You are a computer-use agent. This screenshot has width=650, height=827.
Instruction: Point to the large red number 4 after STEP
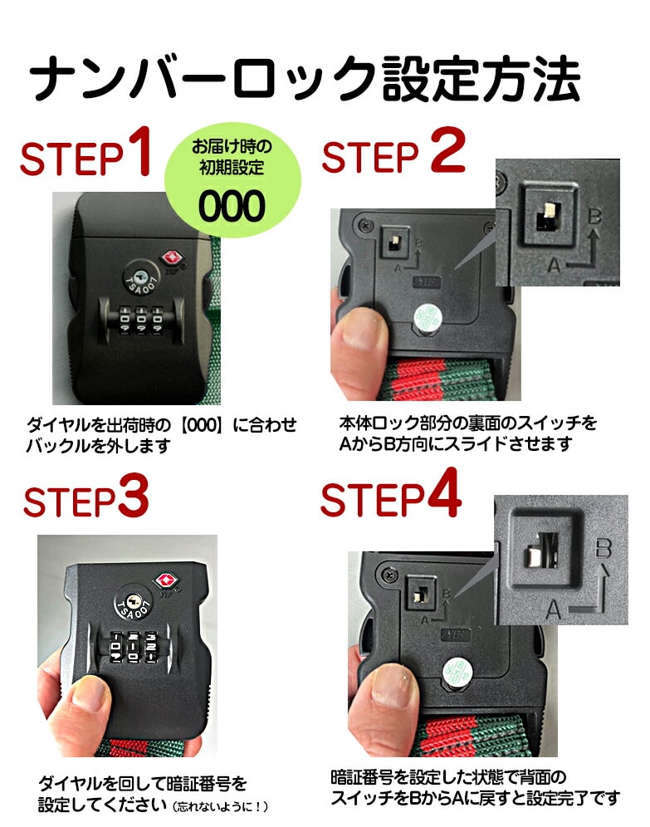(444, 492)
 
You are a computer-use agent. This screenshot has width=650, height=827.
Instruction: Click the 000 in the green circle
(232, 206)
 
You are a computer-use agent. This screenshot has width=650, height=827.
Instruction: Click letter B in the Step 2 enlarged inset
(594, 216)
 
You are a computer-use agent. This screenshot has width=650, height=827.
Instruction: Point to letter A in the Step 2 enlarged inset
(554, 263)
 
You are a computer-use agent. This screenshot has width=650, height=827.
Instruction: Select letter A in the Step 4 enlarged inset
(553, 609)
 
